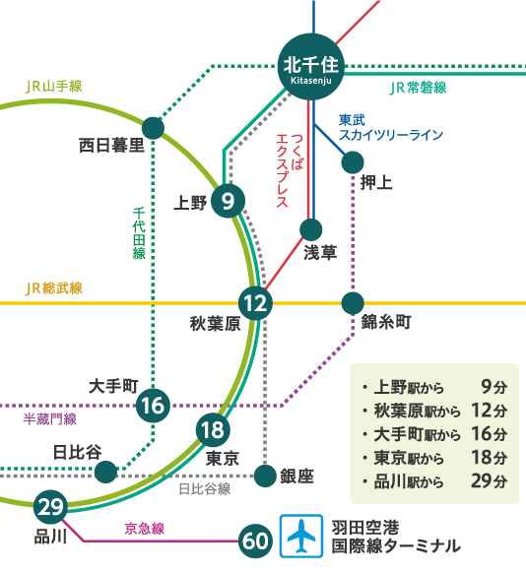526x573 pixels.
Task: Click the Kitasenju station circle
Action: (310, 67)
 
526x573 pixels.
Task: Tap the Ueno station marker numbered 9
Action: (229, 201)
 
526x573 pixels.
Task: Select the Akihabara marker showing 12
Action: (255, 303)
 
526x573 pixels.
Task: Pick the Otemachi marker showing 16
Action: (153, 406)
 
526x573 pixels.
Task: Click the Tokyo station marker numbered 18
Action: (213, 429)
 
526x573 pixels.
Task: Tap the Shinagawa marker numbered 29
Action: (50, 507)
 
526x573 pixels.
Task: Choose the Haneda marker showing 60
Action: (255, 541)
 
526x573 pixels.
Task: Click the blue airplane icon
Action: (301, 537)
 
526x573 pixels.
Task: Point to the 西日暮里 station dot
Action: (153, 128)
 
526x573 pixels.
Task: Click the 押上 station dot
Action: (353, 162)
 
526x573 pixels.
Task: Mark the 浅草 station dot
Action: (310, 229)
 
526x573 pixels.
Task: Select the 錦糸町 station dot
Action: (353, 303)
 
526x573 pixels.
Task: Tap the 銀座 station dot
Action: (265, 476)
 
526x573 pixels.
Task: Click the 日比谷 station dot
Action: (105, 472)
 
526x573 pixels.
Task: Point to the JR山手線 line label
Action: (54, 87)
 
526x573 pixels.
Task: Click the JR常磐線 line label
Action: (419, 88)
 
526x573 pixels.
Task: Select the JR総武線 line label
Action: (54, 288)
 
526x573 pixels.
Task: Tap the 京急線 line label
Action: (145, 529)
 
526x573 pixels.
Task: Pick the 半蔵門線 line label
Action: (49, 418)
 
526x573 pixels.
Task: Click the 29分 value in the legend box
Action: (490, 480)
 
